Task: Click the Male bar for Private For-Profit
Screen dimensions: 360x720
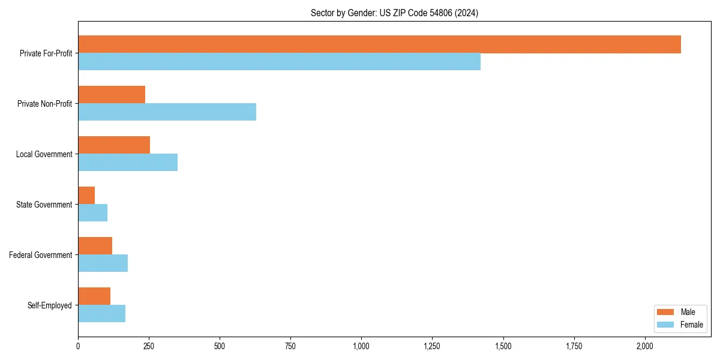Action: [379, 44]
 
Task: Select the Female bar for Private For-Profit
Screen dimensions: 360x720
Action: [279, 62]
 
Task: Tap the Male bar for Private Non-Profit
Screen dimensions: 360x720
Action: [112, 95]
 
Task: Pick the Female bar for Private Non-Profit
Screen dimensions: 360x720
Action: [167, 112]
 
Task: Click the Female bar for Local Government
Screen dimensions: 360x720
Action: [128, 163]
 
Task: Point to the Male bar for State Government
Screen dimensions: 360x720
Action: [86, 196]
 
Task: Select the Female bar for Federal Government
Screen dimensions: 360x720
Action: [103, 263]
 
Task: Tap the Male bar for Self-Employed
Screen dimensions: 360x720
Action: [94, 296]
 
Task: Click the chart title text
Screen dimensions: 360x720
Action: [394, 13]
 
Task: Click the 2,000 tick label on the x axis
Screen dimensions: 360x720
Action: [645, 346]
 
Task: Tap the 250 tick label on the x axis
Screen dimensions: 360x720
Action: [149, 346]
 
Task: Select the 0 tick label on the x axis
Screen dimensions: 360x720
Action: [78, 346]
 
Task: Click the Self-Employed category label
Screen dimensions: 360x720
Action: [50, 305]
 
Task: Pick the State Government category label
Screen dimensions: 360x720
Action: [44, 205]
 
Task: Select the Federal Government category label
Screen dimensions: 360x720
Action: [41, 255]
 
